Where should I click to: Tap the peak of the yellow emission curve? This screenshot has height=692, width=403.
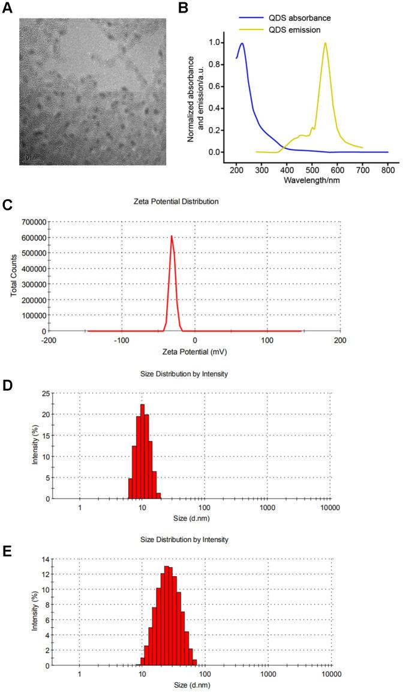[x=325, y=43]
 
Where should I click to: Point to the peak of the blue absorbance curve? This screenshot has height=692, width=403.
[x=242, y=43]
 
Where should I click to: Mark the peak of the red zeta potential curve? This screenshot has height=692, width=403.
[x=172, y=236]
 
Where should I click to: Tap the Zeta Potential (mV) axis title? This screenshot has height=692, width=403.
[x=194, y=350]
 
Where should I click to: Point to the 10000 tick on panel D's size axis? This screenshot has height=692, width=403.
[x=329, y=507]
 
